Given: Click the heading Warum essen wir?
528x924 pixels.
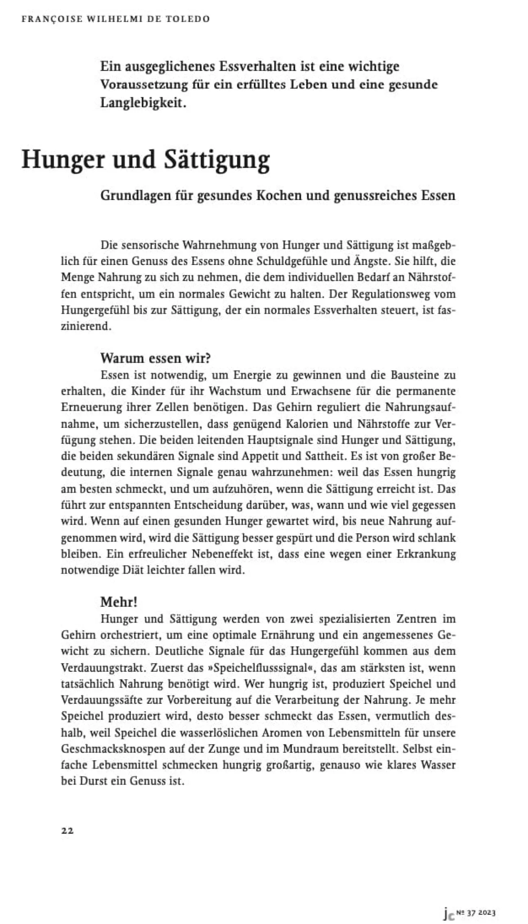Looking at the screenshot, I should point(156,358).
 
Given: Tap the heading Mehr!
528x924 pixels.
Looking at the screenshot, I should point(119,602).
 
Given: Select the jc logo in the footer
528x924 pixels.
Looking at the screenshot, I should point(449,911).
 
